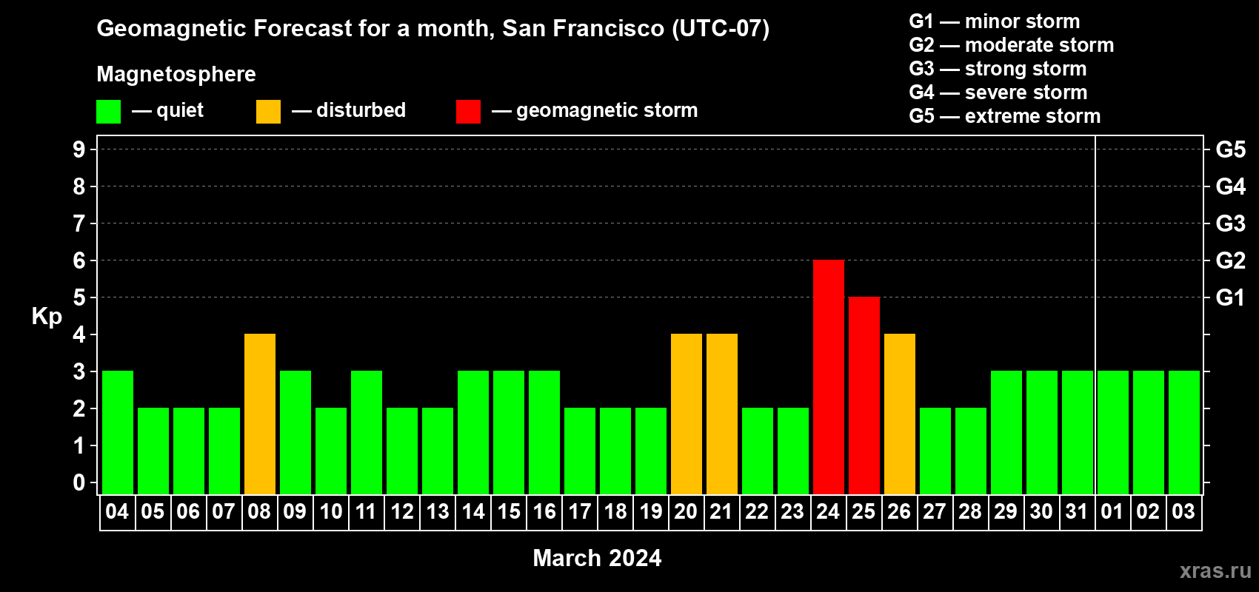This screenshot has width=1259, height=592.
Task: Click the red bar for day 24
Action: coord(829,377)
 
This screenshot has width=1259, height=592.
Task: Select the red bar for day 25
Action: coord(864,395)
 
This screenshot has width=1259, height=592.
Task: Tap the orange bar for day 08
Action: coord(260,414)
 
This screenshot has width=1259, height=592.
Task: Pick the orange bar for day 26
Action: coord(899,414)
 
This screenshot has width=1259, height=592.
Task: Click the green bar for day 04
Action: coord(118,432)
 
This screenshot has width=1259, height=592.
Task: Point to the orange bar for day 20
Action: coord(687,414)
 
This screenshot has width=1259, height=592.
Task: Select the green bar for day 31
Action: coord(1078,432)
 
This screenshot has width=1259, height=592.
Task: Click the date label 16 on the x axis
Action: coord(544,511)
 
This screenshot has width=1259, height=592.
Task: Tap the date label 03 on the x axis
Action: coord(1183,511)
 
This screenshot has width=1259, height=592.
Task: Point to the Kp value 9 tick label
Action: coord(79,149)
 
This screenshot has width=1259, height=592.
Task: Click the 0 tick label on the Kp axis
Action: coord(79,482)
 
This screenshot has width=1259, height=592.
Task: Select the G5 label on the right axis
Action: coord(1231,149)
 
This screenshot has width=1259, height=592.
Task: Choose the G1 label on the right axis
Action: coord(1230,297)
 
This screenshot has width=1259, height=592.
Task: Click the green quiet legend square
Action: coord(108,111)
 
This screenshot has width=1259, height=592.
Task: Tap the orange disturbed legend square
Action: coord(268,111)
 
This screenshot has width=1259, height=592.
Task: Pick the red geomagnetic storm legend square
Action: coord(469,111)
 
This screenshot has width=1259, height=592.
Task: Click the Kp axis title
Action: coord(47,317)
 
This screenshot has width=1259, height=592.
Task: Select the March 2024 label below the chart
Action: coord(597,558)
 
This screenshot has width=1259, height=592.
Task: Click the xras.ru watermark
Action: coord(1215,571)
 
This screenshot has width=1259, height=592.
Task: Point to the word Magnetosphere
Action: coord(176,74)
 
